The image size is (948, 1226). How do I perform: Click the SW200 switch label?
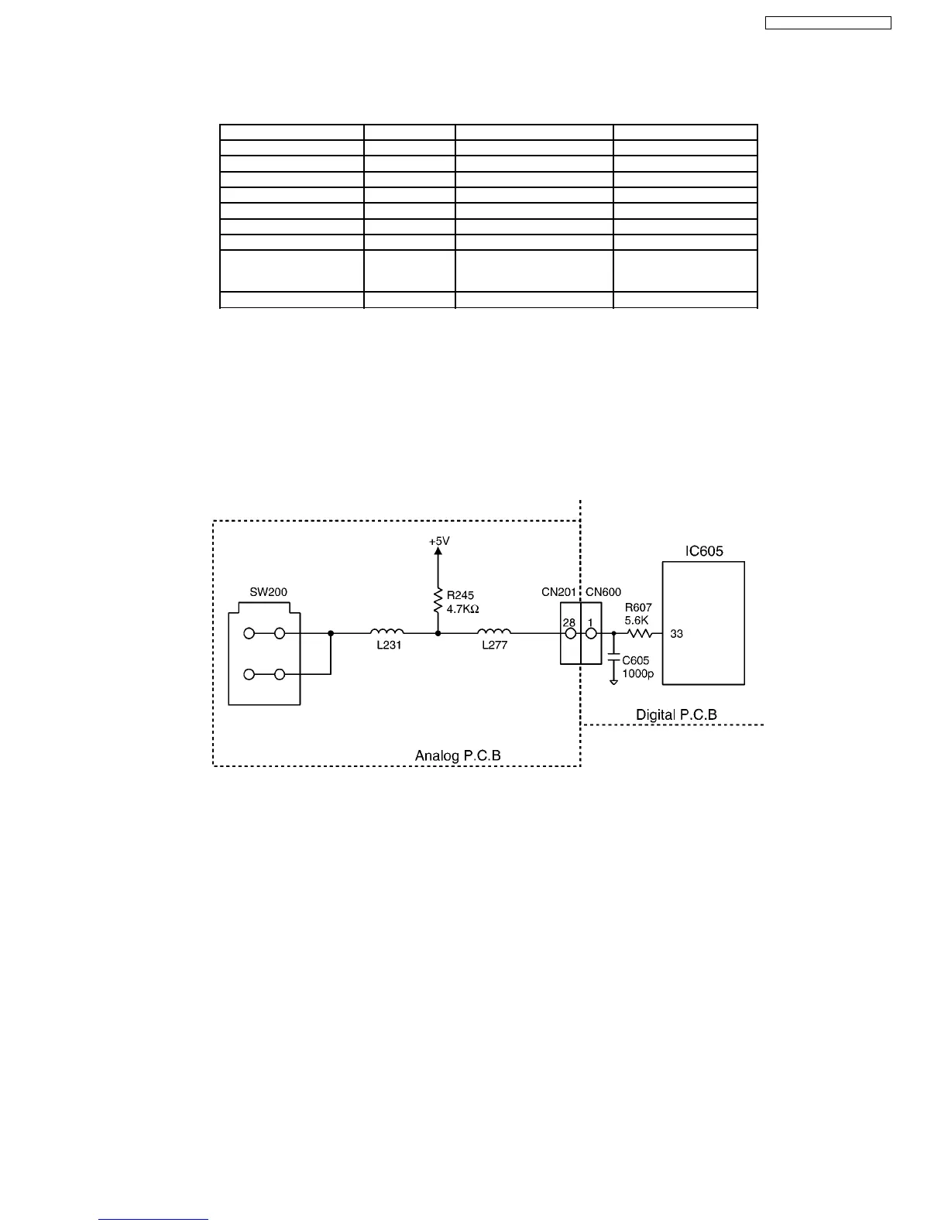(268, 592)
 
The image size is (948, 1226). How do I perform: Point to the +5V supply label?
(439, 542)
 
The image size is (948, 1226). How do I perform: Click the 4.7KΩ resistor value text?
(463, 609)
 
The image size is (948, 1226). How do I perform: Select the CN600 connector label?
(603, 592)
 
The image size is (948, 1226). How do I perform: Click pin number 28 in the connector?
(569, 622)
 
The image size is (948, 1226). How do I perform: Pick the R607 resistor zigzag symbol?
(639, 633)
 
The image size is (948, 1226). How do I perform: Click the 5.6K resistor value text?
(637, 620)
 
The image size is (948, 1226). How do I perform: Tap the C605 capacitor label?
(636, 660)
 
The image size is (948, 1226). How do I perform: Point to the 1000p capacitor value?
(638, 673)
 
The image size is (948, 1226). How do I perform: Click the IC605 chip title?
(703, 552)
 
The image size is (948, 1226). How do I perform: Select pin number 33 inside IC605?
(677, 634)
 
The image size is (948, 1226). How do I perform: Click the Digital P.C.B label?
(676, 714)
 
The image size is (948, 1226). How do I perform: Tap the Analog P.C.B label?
(458, 755)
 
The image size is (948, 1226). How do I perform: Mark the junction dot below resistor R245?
(438, 633)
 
